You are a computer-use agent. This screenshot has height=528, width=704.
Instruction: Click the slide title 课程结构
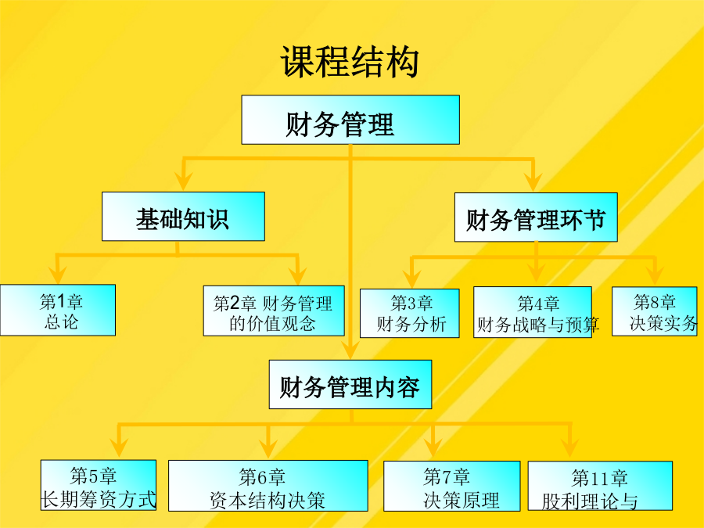tap(350, 62)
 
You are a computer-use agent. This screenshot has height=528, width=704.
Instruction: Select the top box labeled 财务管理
tap(350, 120)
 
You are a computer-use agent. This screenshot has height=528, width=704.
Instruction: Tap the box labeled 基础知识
tap(183, 217)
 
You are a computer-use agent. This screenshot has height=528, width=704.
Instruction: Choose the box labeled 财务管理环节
tap(536, 217)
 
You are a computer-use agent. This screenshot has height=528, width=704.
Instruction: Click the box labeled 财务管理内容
tap(350, 384)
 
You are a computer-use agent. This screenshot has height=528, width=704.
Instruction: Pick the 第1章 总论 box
tap(57, 310)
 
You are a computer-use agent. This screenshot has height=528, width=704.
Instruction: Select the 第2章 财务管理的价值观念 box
tap(274, 311)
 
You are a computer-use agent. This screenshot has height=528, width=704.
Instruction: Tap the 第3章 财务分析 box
tap(409, 313)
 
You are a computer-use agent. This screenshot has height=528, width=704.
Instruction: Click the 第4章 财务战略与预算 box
tap(533, 312)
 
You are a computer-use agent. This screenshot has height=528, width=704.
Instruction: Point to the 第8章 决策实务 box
tap(655, 311)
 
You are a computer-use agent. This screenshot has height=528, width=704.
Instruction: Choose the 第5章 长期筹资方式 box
tap(99, 485)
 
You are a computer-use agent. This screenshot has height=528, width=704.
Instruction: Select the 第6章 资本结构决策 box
tap(268, 486)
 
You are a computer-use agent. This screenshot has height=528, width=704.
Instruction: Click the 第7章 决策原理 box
tap(451, 487)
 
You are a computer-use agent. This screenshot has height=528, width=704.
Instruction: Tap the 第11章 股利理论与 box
tap(600, 486)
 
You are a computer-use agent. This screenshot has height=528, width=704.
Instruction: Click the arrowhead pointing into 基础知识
tap(183, 181)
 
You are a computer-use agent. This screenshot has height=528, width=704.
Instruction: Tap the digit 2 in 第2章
tap(235, 304)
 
